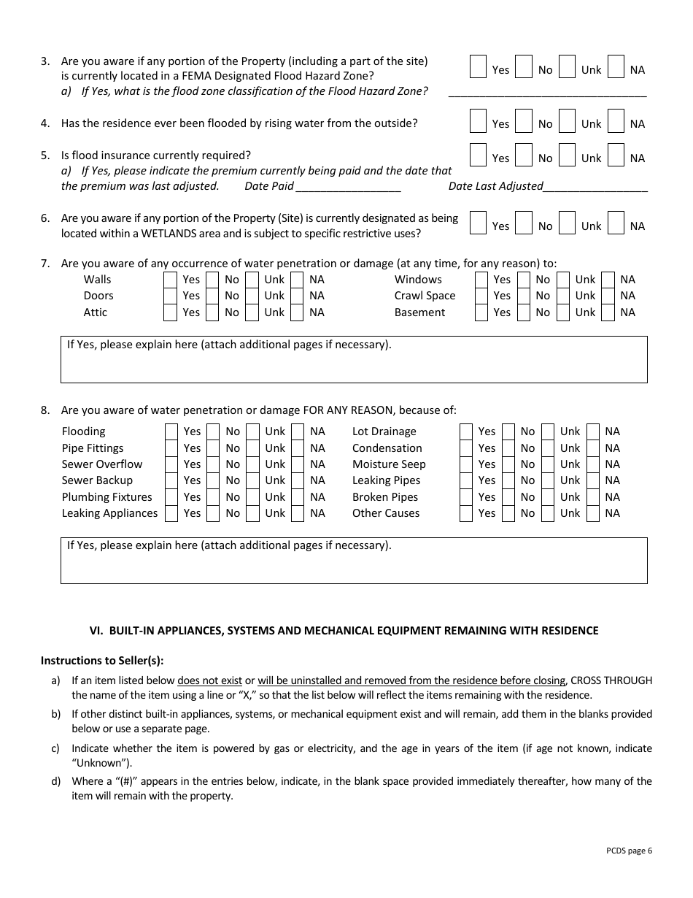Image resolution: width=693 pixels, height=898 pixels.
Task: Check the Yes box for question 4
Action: click(478, 120)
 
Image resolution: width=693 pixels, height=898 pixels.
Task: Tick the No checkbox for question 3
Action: click(523, 66)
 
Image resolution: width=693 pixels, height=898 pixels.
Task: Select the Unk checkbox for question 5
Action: click(567, 155)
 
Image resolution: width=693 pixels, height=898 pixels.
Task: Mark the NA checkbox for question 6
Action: click(616, 223)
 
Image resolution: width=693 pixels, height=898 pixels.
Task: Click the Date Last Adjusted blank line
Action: click(595, 187)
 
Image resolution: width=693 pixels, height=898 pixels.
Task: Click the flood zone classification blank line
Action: click(547, 92)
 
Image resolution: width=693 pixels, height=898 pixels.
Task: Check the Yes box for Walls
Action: click(170, 280)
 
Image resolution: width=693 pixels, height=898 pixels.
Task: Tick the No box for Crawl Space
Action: click(523, 296)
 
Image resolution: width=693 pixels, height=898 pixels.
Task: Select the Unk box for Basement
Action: click(562, 312)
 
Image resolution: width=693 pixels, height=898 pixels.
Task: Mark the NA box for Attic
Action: click(297, 312)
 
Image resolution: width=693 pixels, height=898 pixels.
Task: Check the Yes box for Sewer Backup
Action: click(171, 480)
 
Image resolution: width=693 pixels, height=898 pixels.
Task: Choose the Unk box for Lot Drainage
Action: click(548, 431)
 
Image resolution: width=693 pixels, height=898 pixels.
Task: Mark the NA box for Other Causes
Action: click(593, 513)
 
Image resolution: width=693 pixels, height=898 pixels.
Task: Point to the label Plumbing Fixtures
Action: click(107, 497)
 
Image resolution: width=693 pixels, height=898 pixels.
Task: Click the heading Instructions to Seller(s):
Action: click(102, 661)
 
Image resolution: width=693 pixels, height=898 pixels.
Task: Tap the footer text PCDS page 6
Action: click(629, 850)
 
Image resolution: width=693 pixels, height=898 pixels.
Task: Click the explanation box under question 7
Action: click(354, 363)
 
